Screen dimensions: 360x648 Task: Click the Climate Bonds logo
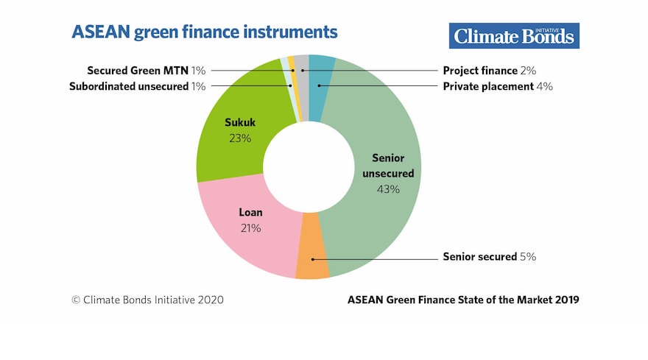tap(514, 35)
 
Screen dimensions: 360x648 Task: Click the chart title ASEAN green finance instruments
tap(204, 32)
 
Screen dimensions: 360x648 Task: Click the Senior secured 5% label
tap(489, 257)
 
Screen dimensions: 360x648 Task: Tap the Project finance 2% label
tap(489, 71)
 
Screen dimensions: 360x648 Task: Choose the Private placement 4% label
tap(497, 86)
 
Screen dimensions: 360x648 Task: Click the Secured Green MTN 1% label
tap(146, 71)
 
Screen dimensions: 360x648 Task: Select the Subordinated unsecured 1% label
tap(137, 86)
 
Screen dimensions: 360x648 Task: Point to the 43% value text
tap(388, 189)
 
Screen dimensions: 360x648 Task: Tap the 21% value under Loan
tap(250, 228)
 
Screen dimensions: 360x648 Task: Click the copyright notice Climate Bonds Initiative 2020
tap(147, 300)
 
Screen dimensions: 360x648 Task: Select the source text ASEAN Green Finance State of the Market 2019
tap(462, 300)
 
